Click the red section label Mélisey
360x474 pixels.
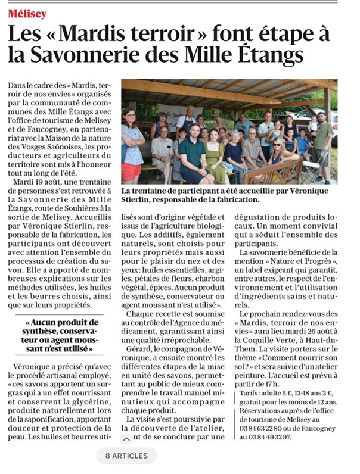(x=27, y=13)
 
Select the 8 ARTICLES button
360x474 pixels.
(x=126, y=456)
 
